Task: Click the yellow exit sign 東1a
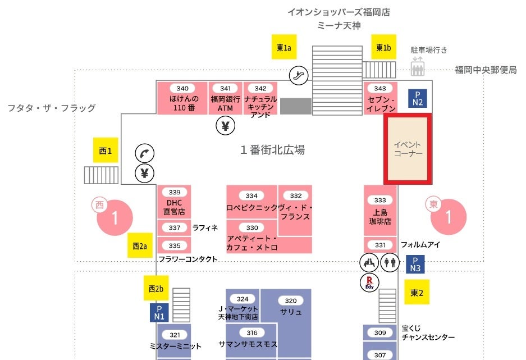(284, 47)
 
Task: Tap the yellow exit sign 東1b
(383, 47)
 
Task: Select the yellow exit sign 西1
(106, 151)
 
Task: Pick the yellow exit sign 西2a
(139, 245)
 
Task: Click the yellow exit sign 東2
(417, 292)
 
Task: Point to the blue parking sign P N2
(418, 98)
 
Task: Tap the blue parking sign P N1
(159, 312)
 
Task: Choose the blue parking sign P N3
(415, 265)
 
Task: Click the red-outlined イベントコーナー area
(408, 149)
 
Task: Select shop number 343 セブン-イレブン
(381, 99)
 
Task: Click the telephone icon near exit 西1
(144, 153)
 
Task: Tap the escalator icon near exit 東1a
(299, 75)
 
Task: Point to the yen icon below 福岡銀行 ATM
(225, 126)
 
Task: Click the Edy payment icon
(370, 282)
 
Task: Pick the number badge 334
(251, 195)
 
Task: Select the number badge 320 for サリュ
(291, 300)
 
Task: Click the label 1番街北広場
(272, 150)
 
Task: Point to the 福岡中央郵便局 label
(485, 70)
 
